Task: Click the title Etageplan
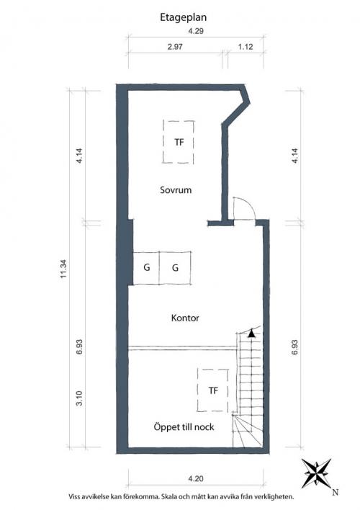pos(183,17)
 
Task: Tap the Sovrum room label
pos(176,190)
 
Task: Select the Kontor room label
pos(185,318)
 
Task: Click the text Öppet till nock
pos(184,426)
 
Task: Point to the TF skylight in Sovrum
pos(179,142)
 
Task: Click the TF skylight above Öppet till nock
pos(213,390)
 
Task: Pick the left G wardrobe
pos(146,268)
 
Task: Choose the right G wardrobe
pos(175,268)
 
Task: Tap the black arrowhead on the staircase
pos(251,334)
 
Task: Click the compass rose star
pos(316,473)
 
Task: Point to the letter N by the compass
pos(336,493)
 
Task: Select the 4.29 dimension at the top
pos(196,32)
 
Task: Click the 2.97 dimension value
pos(175,47)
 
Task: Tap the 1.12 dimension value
pos(246,47)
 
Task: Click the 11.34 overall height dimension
pos(63,269)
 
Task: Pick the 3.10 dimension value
pos(79,398)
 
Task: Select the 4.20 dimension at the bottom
pos(196,479)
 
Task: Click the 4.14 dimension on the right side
pos(295,156)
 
